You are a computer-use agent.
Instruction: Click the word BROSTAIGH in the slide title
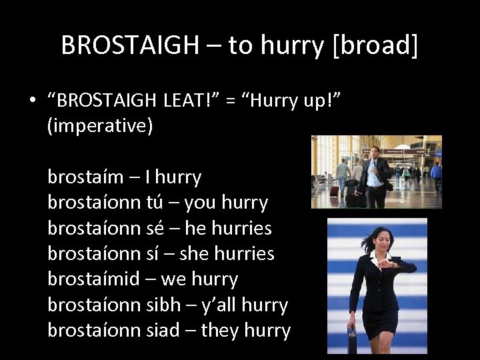(129, 45)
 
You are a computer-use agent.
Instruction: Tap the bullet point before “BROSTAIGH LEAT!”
(31, 101)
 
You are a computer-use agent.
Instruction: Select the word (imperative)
(100, 125)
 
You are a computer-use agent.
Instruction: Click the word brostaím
(85, 177)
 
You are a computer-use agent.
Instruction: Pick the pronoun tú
(161, 203)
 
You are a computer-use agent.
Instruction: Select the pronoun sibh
(163, 305)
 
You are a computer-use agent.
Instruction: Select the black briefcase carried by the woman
(351, 340)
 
